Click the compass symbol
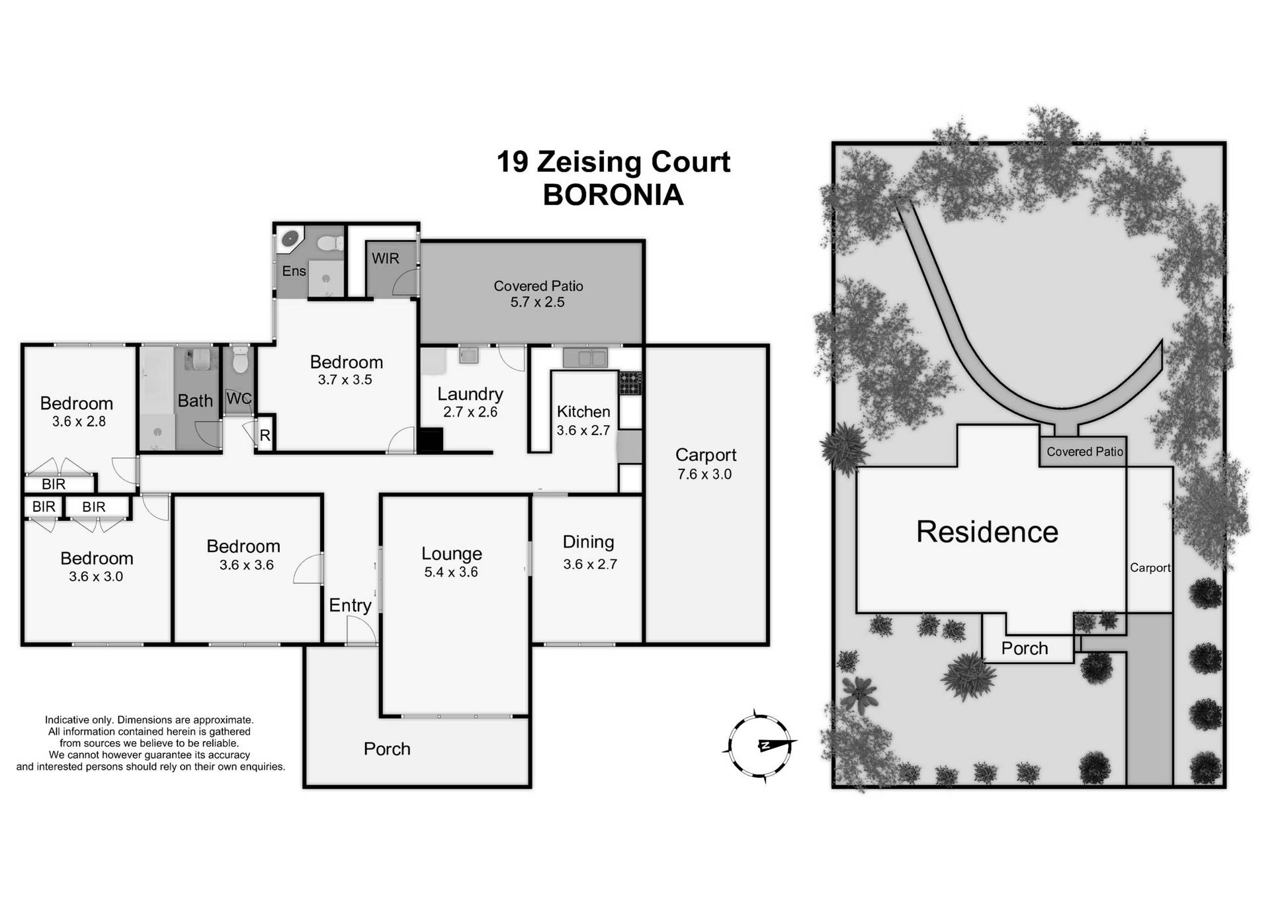(x=761, y=746)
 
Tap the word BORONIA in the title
(x=613, y=195)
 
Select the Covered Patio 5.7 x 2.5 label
(x=538, y=294)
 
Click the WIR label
(x=385, y=259)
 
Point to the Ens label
(x=294, y=271)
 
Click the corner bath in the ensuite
(x=290, y=239)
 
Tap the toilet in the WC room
(x=239, y=360)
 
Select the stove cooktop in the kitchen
(x=630, y=384)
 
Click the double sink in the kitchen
(x=585, y=358)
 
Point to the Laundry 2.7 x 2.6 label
(x=470, y=402)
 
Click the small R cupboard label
(x=265, y=436)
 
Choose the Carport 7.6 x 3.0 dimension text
(x=704, y=474)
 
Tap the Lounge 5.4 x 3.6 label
(x=452, y=562)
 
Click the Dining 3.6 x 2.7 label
(x=589, y=552)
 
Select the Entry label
(x=350, y=605)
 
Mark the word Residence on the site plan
(x=987, y=532)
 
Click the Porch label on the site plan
(x=1024, y=648)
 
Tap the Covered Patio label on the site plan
(x=1084, y=452)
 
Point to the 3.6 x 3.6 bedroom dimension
(x=246, y=565)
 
